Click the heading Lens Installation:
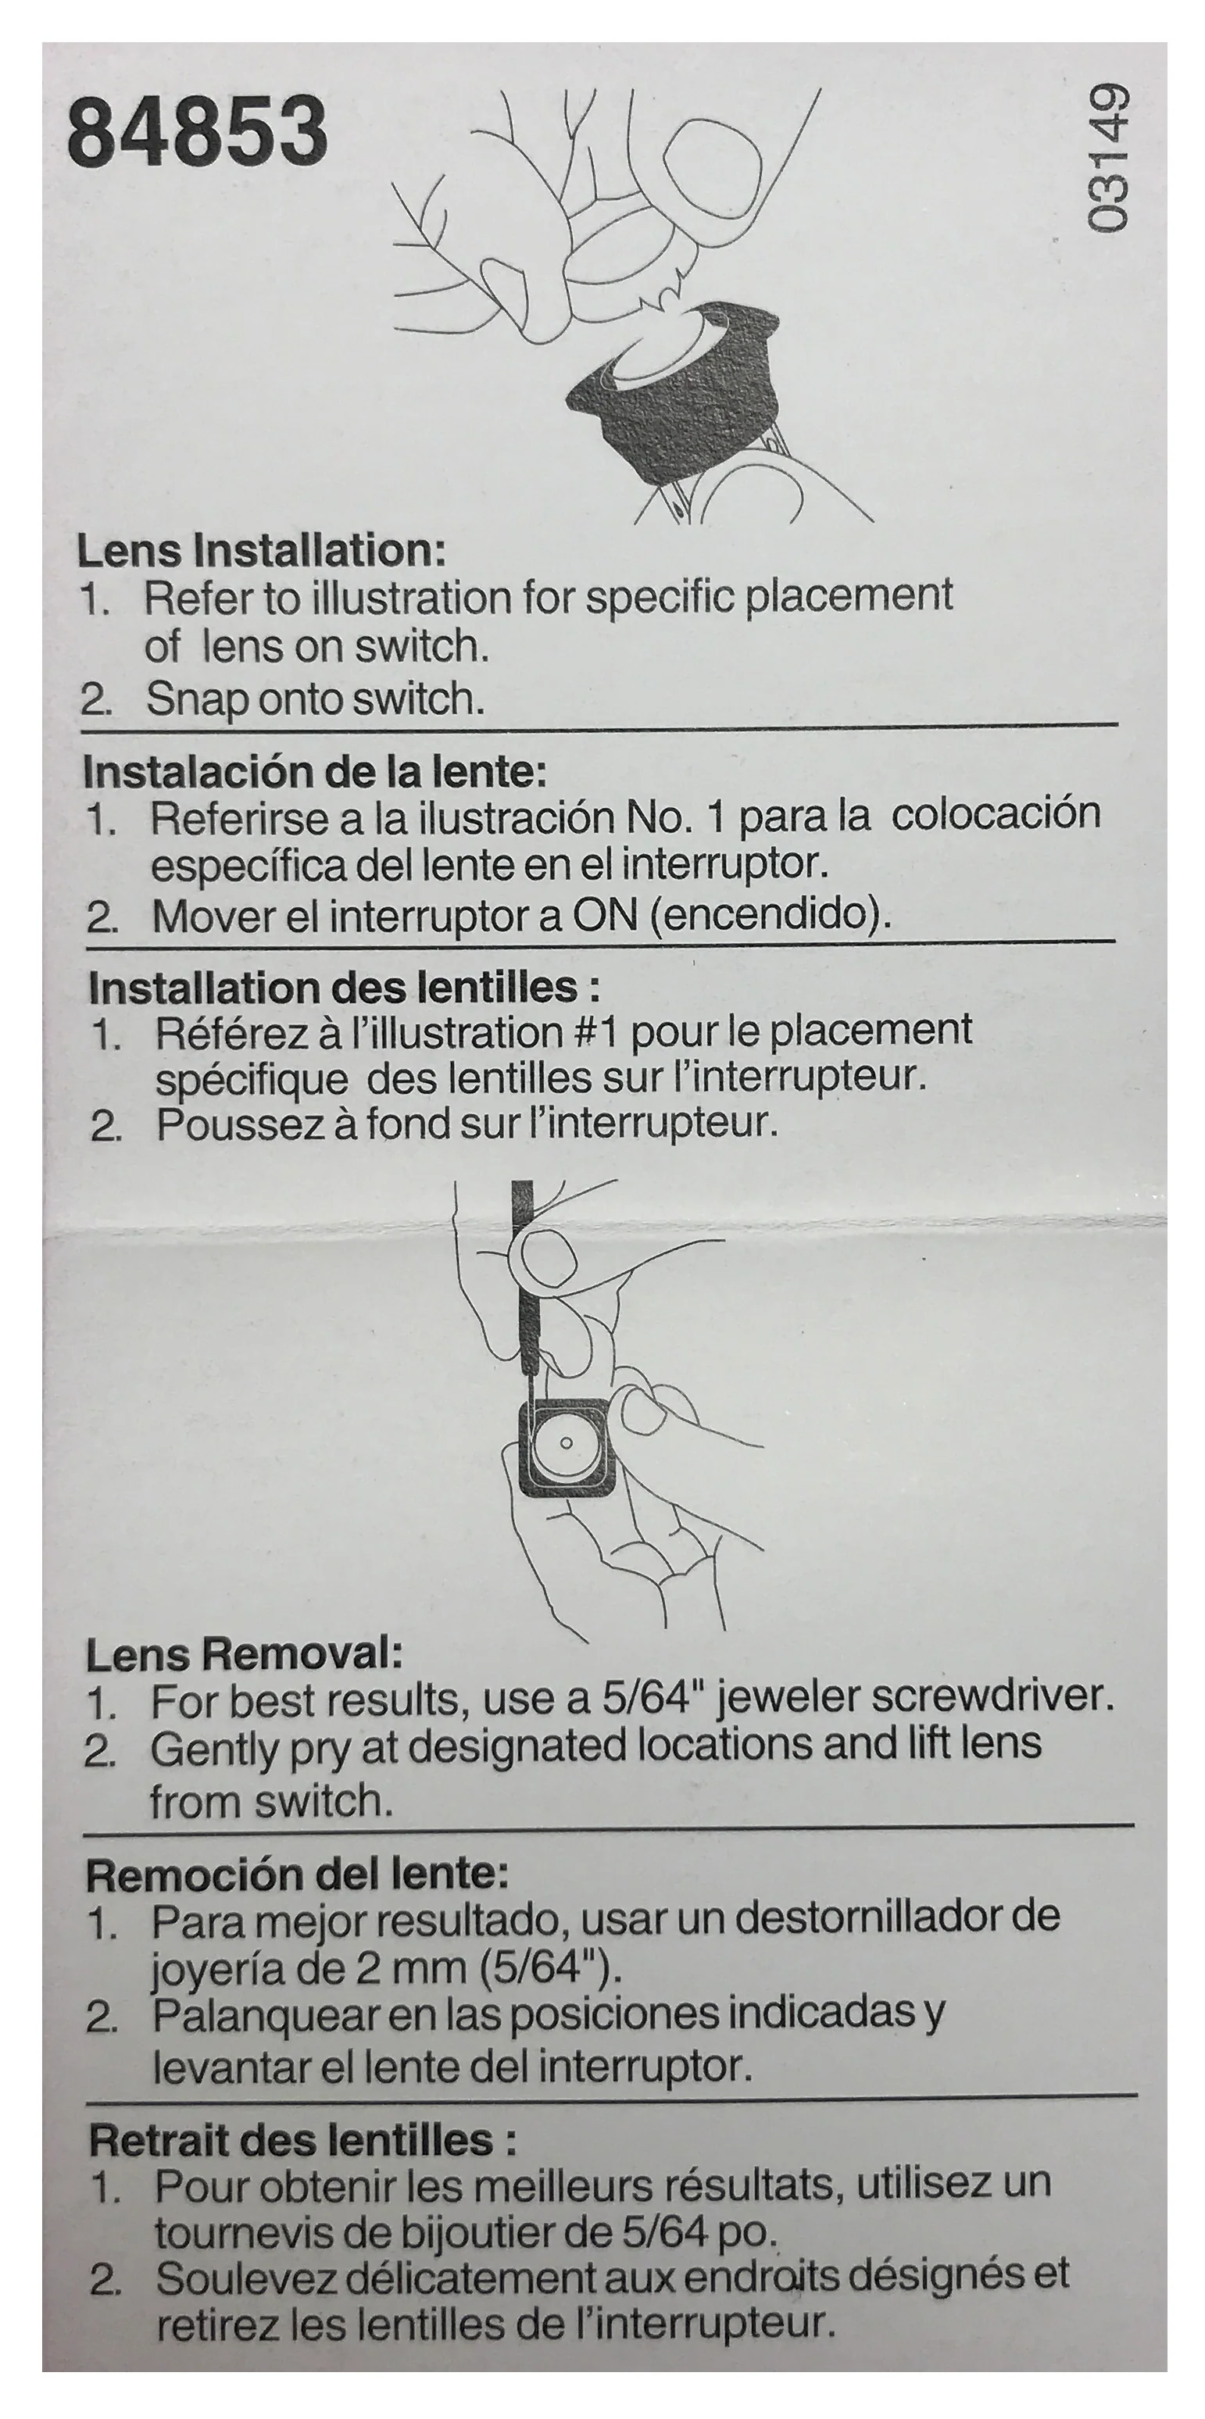click(x=260, y=551)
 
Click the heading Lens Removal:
click(x=243, y=1656)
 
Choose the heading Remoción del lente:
click(x=297, y=1875)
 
